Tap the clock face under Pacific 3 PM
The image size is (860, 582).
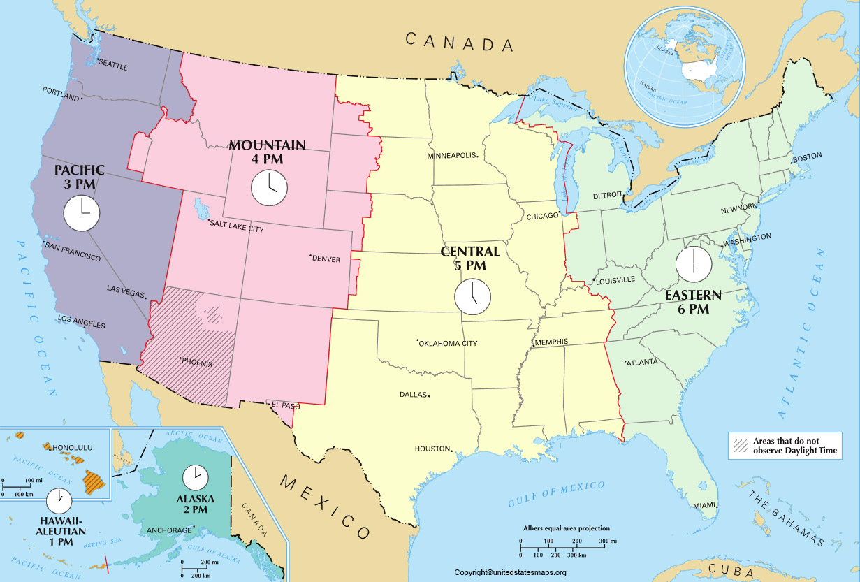coord(81,213)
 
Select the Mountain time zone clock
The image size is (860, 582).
coord(269,189)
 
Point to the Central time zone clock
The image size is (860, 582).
coord(473,296)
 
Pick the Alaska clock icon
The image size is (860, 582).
coord(195,477)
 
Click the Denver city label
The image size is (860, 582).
coord(326,259)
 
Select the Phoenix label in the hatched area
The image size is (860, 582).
coord(198,363)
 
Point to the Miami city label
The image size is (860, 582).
coord(705,505)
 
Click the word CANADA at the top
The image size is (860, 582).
coord(460,42)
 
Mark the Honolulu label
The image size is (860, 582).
coord(73,447)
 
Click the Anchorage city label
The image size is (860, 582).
coord(168,530)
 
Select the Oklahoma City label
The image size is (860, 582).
coord(449,343)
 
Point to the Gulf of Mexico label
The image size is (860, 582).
coord(556,493)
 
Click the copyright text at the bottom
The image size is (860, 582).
coord(509,572)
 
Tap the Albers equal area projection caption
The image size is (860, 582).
coord(567,529)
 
